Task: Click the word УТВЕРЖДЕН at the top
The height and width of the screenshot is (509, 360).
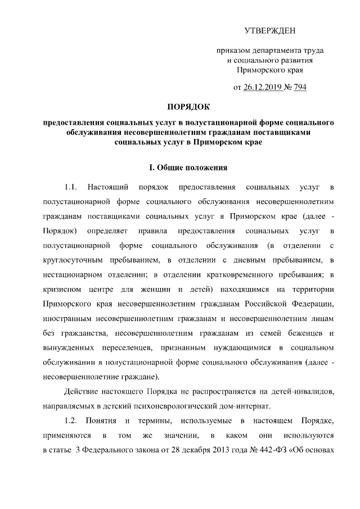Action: coord(269,30)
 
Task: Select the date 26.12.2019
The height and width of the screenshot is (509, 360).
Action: coord(263,87)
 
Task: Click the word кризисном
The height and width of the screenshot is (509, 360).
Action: coord(61,290)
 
